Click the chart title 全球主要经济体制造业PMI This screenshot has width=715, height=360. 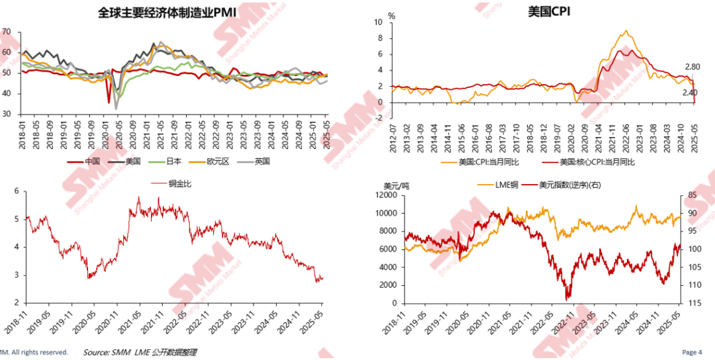point(167,13)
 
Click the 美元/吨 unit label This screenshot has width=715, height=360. point(396,185)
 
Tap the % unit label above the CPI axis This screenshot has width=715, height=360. point(391,15)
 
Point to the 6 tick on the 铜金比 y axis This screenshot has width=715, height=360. point(17,191)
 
